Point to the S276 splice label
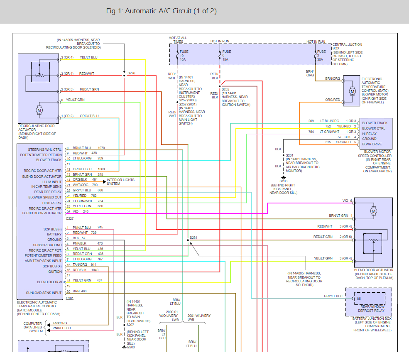[x=131, y=73]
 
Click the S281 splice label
[x=193, y=238]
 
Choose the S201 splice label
[x=289, y=155]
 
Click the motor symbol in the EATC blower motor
[x=352, y=91]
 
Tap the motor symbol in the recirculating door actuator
[x=39, y=110]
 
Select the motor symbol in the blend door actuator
[x=374, y=211]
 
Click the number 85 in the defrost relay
[x=358, y=299]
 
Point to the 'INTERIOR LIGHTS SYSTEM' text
[x=120, y=181]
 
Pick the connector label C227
[x=69, y=218]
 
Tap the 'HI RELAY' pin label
[x=369, y=134]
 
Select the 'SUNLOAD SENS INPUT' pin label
[x=44, y=293]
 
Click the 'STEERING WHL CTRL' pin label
[x=45, y=149]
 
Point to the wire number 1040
[x=95, y=270]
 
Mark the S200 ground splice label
[x=131, y=347]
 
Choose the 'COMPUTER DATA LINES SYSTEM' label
[x=33, y=327]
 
